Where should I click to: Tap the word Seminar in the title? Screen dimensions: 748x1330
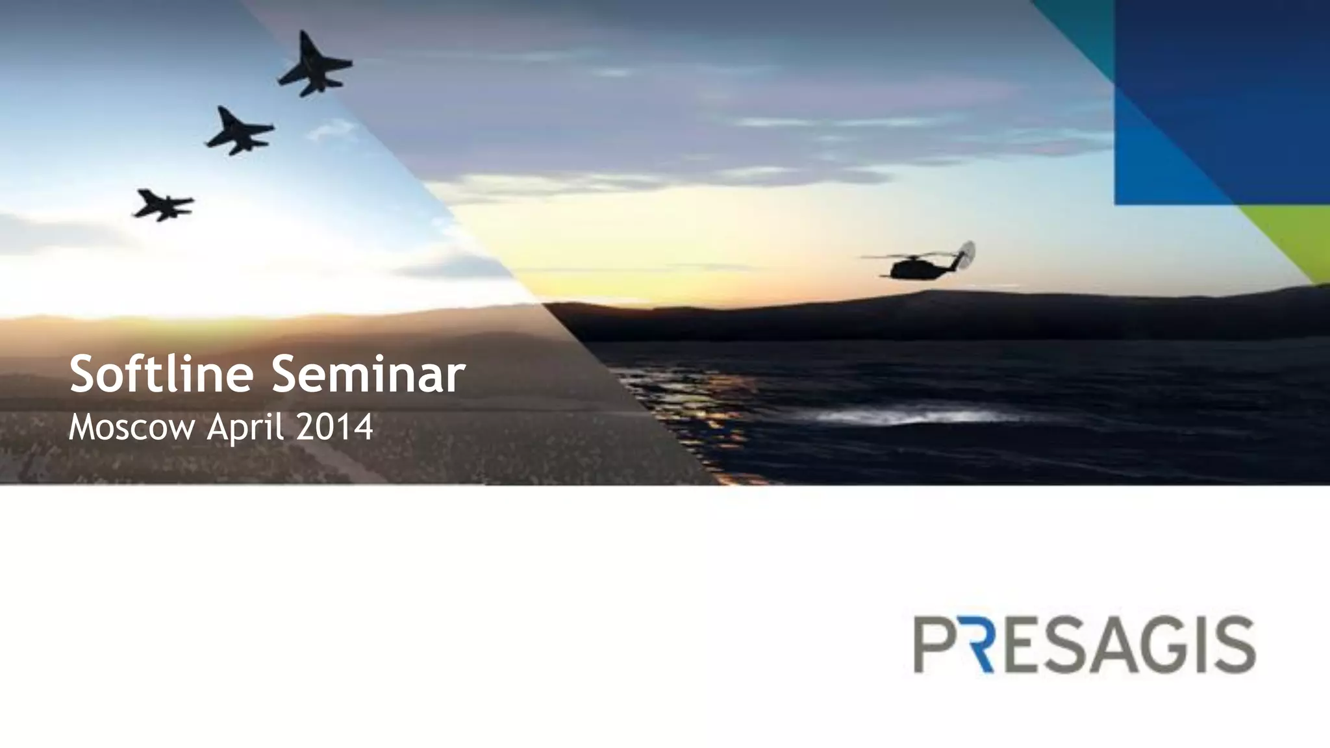click(368, 375)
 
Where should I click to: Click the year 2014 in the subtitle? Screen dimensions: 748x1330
click(334, 427)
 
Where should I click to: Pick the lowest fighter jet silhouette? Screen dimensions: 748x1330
click(164, 205)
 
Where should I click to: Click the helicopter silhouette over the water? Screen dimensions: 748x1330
click(916, 266)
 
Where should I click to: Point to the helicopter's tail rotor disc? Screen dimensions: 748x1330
click(966, 255)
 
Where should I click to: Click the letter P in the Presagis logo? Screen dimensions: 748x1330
click(936, 645)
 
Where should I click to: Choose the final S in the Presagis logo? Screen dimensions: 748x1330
click(1233, 645)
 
